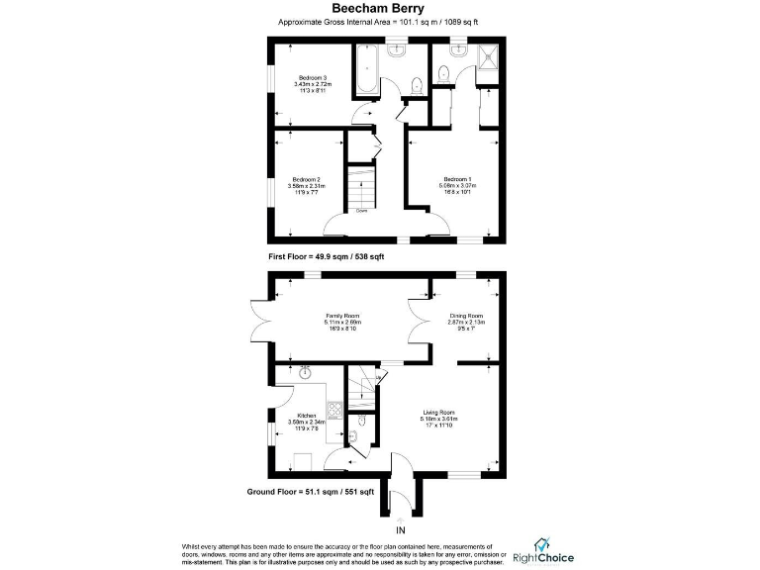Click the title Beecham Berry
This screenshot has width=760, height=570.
coord(379,9)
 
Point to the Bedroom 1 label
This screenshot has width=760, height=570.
coord(458,178)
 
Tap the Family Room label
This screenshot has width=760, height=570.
coord(341,315)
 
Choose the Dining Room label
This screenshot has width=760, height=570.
coord(465,315)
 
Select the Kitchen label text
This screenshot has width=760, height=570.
coord(307,415)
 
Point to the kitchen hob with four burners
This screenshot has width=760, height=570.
coord(333,409)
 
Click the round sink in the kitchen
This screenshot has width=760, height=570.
coord(305,375)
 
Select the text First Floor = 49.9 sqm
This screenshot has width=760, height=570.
coord(327,256)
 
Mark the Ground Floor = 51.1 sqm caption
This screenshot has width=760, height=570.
coord(310,492)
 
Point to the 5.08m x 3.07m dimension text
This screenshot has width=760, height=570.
coord(458,185)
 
